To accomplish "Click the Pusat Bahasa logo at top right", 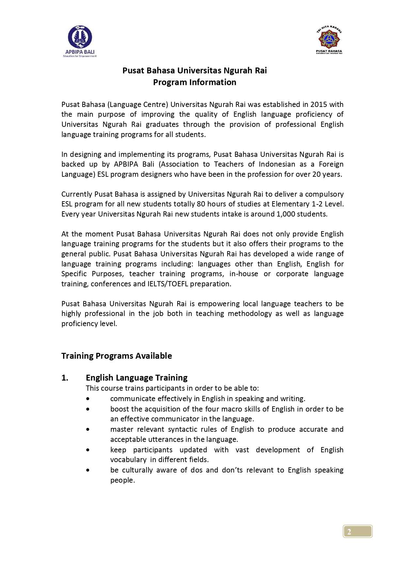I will (x=329, y=39).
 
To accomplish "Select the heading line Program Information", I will (x=195, y=82).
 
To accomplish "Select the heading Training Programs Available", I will (x=117, y=355).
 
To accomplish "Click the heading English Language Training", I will (x=136, y=377).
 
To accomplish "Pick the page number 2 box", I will (x=358, y=531).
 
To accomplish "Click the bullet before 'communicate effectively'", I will (x=88, y=399).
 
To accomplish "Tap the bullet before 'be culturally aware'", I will (x=88, y=470).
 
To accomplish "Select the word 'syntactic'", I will (x=185, y=429).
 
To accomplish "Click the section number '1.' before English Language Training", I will (x=65, y=378).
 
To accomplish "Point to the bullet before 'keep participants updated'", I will (x=88, y=450).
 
